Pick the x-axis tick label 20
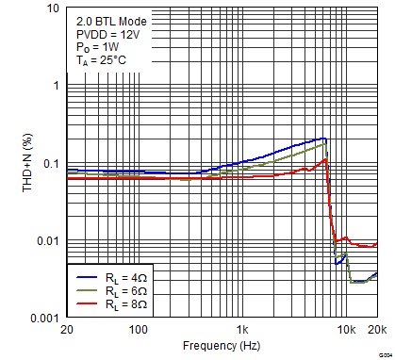click(66, 331)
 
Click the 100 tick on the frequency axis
click(139, 331)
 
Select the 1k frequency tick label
click(242, 331)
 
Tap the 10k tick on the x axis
click(346, 331)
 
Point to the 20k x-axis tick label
click(376, 331)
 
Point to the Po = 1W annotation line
click(98, 47)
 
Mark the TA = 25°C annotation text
click(102, 61)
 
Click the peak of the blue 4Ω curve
click(324, 139)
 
